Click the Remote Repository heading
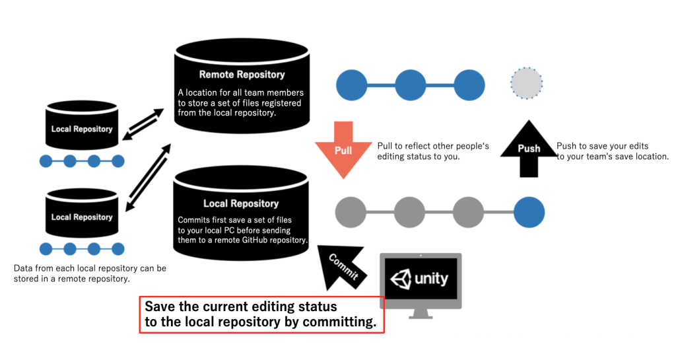[242, 75]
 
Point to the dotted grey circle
[526, 83]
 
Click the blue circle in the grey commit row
[529, 212]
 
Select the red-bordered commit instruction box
[261, 315]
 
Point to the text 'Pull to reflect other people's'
[432, 146]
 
